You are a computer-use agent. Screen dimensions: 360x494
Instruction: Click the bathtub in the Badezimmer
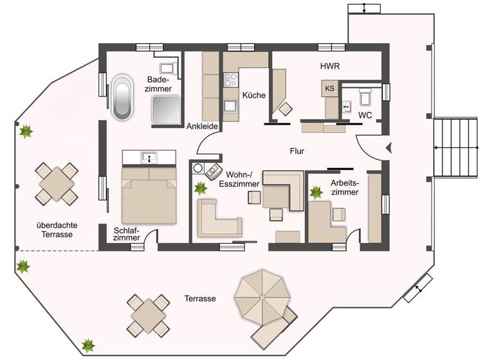pyautogui.click(x=122, y=98)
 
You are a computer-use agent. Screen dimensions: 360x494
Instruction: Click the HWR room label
pyautogui.click(x=330, y=66)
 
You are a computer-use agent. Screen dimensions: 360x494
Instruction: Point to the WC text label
pyautogui.click(x=365, y=115)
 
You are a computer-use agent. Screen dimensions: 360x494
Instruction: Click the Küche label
pyautogui.click(x=253, y=95)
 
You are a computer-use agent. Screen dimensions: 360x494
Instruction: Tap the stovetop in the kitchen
pyautogui.click(x=231, y=80)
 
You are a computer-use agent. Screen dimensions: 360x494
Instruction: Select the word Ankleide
pyautogui.click(x=201, y=127)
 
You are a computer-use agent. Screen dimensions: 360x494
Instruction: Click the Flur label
pyautogui.click(x=297, y=152)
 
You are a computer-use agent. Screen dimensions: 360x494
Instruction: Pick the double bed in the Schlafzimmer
pyautogui.click(x=149, y=195)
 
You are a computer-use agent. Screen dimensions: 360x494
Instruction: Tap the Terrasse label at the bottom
pyautogui.click(x=199, y=299)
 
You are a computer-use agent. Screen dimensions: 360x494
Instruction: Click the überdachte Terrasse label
pyautogui.click(x=54, y=230)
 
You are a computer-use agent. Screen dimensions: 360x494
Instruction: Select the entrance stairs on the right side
pyautogui.click(x=456, y=147)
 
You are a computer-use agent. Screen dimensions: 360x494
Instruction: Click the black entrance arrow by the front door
pyautogui.click(x=388, y=148)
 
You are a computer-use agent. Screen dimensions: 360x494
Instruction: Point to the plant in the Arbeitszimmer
pyautogui.click(x=316, y=192)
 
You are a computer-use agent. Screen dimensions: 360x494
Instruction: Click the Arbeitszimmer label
pyautogui.click(x=344, y=187)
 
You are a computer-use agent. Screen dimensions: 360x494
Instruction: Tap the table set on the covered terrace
pyautogui.click(x=57, y=184)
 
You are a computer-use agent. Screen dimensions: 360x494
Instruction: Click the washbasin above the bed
pyautogui.click(x=149, y=156)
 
